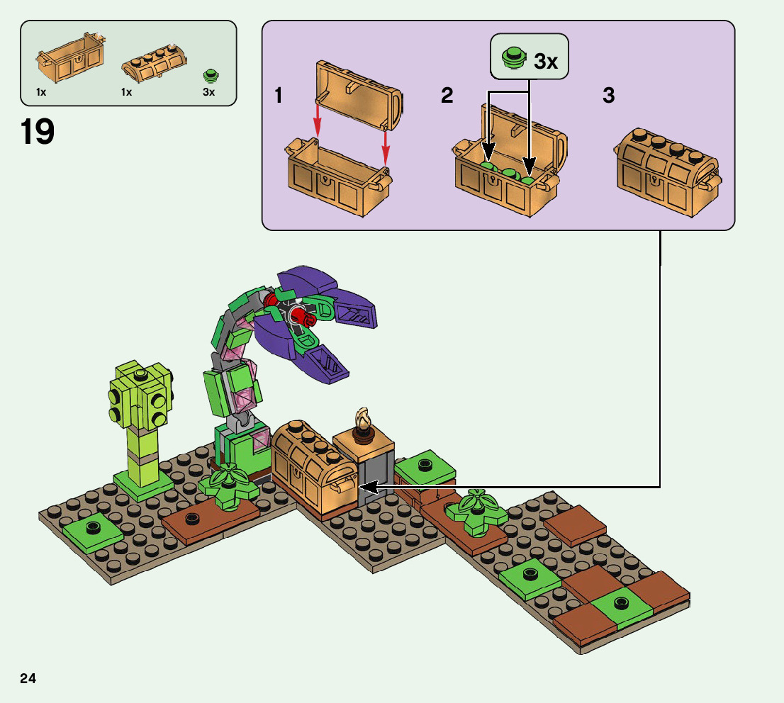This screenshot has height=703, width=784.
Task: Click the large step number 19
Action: pyautogui.click(x=38, y=132)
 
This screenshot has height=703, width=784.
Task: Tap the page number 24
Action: pyautogui.click(x=28, y=678)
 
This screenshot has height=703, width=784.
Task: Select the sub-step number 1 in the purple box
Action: pyautogui.click(x=279, y=96)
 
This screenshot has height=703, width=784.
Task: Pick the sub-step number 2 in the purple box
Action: pyautogui.click(x=447, y=96)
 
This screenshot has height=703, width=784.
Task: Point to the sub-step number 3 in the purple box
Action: pyautogui.click(x=608, y=96)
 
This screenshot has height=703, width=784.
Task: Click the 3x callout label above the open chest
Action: pyautogui.click(x=544, y=62)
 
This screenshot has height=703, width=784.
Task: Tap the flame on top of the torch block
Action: pyautogui.click(x=365, y=421)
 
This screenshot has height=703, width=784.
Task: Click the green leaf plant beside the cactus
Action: pyautogui.click(x=228, y=485)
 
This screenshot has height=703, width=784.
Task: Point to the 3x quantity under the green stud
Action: pyautogui.click(x=208, y=92)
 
